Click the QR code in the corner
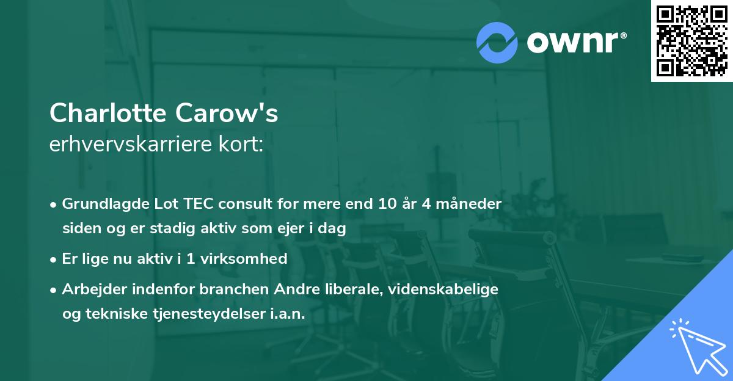pos(691,40)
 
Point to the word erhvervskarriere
pos(132,145)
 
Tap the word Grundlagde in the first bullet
pos(100,204)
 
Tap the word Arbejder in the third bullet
pos(89,289)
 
